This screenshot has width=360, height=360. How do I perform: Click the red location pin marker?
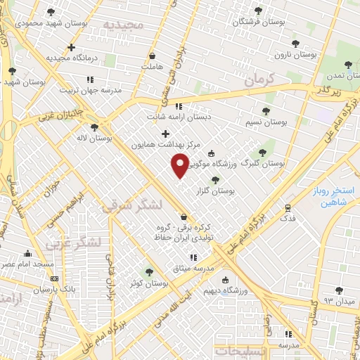180,166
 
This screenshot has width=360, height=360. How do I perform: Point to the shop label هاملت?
153,66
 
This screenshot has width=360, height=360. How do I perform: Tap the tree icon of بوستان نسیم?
266,111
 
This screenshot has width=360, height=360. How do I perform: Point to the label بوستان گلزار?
225,191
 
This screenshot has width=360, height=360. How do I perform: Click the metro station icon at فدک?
288,208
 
